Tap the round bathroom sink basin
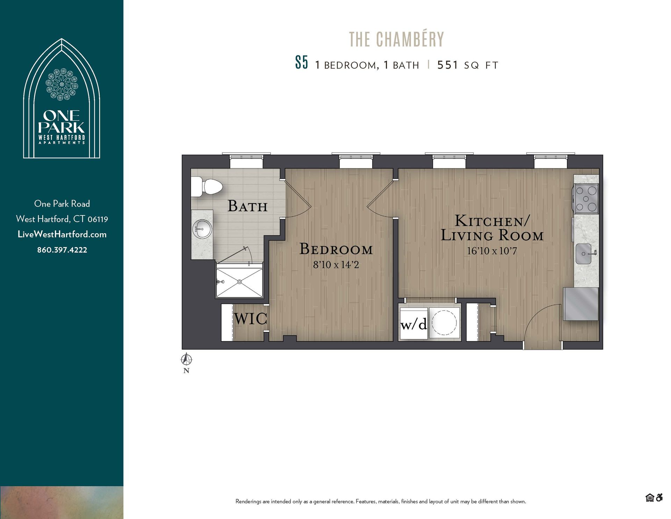(x=202, y=229)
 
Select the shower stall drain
(x=240, y=282)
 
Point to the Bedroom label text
(x=336, y=249)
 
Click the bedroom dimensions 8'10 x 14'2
(x=336, y=265)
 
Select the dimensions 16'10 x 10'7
(x=492, y=251)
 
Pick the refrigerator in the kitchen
(x=580, y=304)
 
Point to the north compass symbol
(x=187, y=359)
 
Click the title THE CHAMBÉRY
(x=396, y=40)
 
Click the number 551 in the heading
(x=447, y=65)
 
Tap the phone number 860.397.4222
(x=62, y=250)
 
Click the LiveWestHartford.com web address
(x=62, y=234)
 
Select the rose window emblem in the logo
(x=62, y=84)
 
